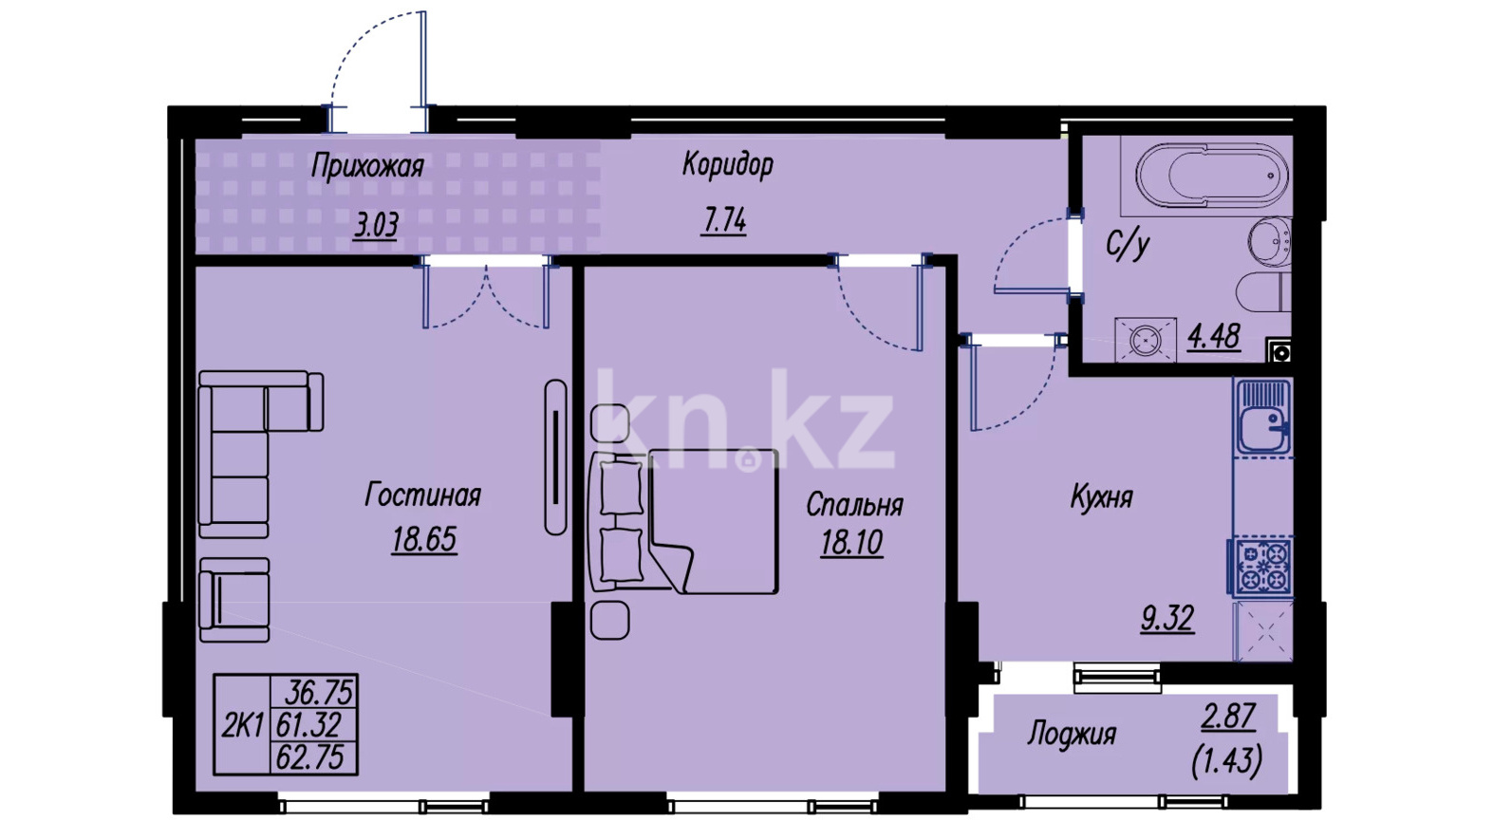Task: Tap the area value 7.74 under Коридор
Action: (724, 221)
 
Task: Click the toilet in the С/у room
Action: (1263, 291)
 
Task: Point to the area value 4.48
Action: (1214, 337)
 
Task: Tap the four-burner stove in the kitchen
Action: (1261, 566)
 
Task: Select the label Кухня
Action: (1101, 497)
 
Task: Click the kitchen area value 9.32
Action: (1167, 620)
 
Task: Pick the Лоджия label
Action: (1071, 734)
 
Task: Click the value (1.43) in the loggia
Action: (1227, 760)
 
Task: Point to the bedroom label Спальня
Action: (854, 505)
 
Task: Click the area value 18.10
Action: (851, 543)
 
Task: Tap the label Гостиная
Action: (422, 495)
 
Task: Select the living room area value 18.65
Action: (424, 539)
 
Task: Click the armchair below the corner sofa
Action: (233, 600)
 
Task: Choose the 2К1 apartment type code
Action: (243, 725)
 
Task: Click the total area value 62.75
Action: (310, 757)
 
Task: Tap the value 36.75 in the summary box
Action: (319, 693)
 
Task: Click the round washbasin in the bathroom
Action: (1270, 242)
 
